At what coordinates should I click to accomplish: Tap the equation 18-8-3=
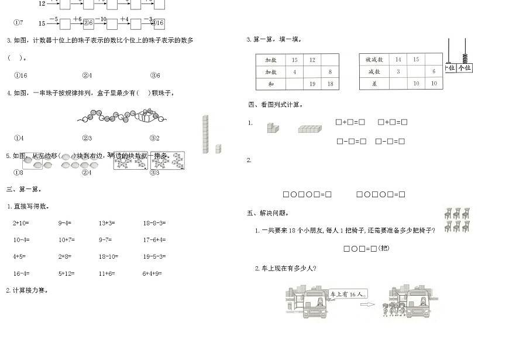[x=154, y=223]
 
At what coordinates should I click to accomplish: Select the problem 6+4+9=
[x=152, y=273]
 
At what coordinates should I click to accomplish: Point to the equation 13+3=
[x=106, y=223]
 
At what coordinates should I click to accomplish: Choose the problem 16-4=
[x=21, y=273]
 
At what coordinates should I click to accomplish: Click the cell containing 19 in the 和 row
[x=312, y=84]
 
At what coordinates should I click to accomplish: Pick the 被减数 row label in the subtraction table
[x=374, y=60]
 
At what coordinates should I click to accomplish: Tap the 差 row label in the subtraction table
[x=374, y=84]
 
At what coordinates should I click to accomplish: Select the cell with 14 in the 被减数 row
[x=398, y=60]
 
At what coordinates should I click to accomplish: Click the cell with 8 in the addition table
[x=330, y=72]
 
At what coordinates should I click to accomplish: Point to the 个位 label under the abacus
[x=465, y=68]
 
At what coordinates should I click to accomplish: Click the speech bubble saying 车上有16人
[x=347, y=294]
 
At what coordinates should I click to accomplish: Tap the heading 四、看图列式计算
[x=275, y=105]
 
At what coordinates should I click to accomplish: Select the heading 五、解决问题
[x=267, y=213]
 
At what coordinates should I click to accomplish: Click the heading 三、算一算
[x=23, y=189]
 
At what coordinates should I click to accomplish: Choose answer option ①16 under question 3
[x=20, y=75]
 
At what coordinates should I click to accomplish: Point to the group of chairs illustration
[x=457, y=220]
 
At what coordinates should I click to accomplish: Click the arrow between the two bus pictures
[x=367, y=304]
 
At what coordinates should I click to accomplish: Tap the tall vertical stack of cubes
[x=205, y=134]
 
